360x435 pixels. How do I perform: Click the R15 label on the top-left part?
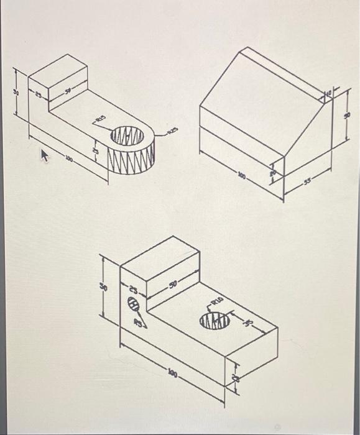[x=100, y=117]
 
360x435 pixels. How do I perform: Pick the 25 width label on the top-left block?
[x=39, y=95]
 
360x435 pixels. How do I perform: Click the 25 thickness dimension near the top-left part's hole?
[x=95, y=151]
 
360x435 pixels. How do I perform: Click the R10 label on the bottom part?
[x=216, y=301]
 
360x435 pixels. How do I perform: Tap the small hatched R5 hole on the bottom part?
[x=134, y=305]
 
